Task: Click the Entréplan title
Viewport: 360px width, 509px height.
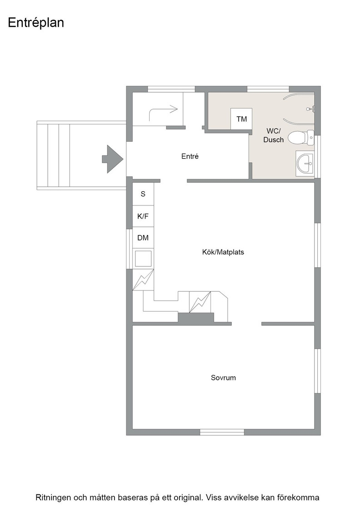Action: [x=36, y=23]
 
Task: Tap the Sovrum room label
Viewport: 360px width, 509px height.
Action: [x=223, y=378]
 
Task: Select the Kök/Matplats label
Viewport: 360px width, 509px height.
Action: [x=223, y=252]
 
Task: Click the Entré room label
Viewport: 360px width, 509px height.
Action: [x=190, y=156]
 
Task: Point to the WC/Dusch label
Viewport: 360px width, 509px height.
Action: [x=273, y=135]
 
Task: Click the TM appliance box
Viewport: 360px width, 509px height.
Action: [x=241, y=119]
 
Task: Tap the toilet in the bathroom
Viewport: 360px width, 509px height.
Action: [x=301, y=138]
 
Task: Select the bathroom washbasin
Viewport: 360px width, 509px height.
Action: [x=305, y=163]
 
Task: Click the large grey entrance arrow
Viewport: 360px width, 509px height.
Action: [x=113, y=159]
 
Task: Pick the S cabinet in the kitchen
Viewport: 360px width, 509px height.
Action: [x=143, y=194]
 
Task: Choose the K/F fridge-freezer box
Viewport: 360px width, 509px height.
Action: [x=143, y=216]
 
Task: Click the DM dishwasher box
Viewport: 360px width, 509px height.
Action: [x=143, y=238]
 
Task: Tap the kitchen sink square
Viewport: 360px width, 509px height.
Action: [x=143, y=259]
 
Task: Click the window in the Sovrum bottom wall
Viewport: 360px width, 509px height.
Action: [x=222, y=432]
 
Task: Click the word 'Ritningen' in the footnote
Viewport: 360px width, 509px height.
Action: [x=53, y=497]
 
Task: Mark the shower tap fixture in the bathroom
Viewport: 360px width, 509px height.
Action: [x=311, y=109]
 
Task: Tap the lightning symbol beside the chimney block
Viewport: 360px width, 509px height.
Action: [x=200, y=302]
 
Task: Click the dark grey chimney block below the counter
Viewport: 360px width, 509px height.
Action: [x=196, y=318]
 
